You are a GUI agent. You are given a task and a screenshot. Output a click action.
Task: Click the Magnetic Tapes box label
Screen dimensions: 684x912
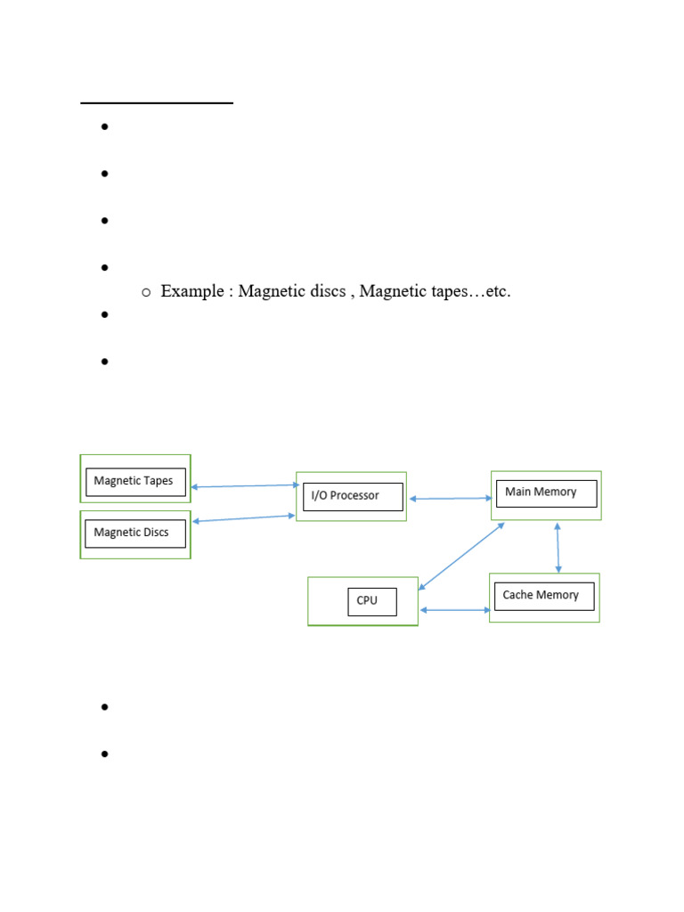[134, 481]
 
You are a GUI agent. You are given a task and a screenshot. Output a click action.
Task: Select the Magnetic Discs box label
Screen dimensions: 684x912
[132, 533]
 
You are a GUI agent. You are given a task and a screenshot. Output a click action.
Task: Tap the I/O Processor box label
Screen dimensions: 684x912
[345, 495]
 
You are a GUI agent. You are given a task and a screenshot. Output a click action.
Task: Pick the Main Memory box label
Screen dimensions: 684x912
[541, 492]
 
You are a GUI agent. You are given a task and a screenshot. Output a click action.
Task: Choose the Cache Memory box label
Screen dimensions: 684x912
[541, 595]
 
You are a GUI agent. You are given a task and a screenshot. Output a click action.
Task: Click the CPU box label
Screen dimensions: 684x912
[367, 600]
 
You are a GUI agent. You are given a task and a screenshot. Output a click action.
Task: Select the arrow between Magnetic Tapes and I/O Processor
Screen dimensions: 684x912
[246, 485]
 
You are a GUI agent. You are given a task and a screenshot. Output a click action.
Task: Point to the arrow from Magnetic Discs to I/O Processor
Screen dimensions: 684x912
[244, 518]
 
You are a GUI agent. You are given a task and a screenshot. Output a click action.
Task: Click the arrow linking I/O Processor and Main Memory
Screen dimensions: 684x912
[451, 499]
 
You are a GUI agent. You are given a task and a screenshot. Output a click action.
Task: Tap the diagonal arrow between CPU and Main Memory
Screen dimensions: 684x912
[461, 556]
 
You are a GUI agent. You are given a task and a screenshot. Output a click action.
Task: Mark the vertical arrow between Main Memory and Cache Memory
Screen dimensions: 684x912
[558, 548]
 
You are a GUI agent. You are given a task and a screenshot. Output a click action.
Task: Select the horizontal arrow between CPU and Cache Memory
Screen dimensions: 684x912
[455, 610]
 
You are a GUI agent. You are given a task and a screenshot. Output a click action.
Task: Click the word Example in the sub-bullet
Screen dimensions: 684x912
[192, 291]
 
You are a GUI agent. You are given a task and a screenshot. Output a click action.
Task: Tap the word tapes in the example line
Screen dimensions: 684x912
[448, 291]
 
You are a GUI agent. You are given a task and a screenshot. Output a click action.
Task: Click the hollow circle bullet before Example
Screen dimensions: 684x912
[146, 292]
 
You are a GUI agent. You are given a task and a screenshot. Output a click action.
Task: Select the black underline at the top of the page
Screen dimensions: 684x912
[157, 103]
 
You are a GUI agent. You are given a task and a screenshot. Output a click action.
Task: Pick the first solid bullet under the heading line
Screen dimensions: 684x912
[105, 126]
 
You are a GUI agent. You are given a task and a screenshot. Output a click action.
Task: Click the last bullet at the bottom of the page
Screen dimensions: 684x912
[105, 753]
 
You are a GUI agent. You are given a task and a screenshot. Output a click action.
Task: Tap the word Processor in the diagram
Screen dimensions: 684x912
[354, 495]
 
